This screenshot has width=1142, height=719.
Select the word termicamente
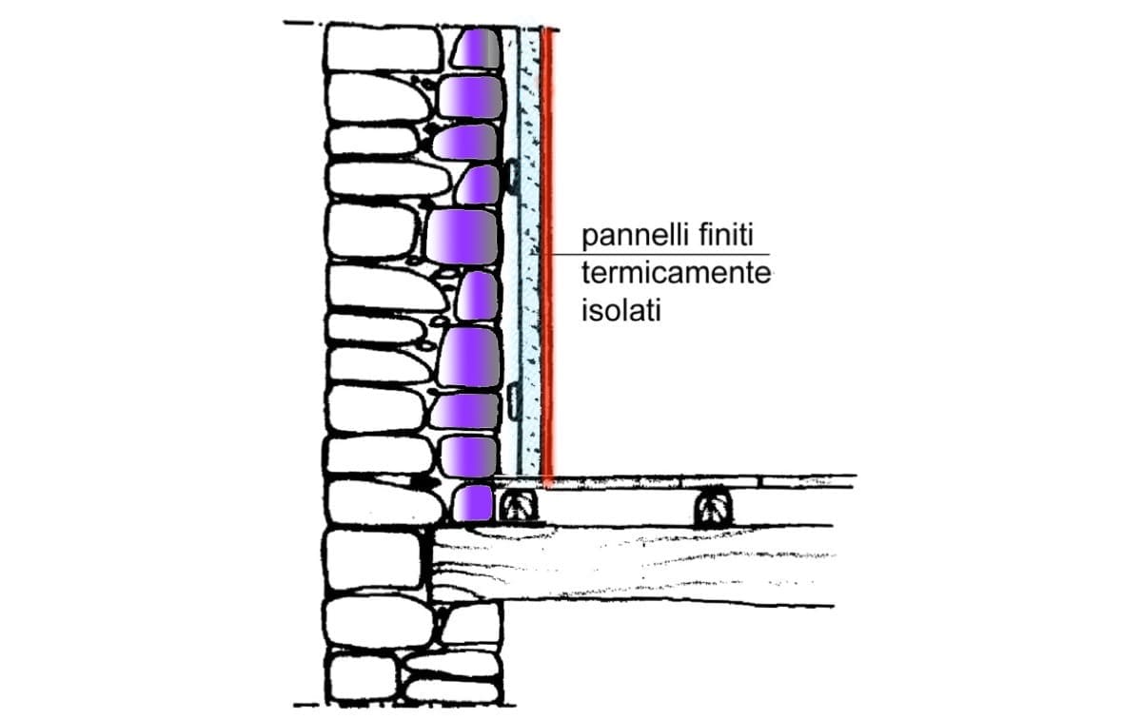676,274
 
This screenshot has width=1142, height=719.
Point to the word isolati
620,310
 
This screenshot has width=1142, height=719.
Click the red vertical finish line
547,255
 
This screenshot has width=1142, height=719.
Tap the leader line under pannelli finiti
660,254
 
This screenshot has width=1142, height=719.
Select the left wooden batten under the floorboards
518,507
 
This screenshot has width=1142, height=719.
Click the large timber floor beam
632,566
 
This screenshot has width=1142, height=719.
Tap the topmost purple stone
477,48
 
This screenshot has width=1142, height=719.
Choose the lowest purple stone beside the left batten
473,503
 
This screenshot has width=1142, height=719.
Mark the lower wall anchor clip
513,402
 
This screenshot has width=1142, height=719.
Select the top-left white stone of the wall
384,49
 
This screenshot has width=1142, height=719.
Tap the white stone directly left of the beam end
374,560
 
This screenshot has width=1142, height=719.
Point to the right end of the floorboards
855,481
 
